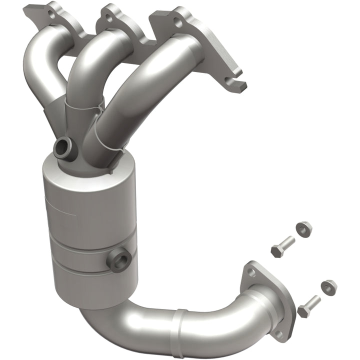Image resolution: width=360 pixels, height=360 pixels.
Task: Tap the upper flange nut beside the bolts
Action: (x=303, y=228)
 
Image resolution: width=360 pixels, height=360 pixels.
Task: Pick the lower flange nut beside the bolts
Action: (x=328, y=286)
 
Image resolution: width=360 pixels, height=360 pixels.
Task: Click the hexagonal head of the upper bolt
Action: (x=277, y=249)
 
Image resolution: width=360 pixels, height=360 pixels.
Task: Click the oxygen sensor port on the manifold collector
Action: (x=64, y=147)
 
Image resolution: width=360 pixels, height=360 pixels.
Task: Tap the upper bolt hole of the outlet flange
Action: (x=251, y=271)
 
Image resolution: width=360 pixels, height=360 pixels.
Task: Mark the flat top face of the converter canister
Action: (x=75, y=167)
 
